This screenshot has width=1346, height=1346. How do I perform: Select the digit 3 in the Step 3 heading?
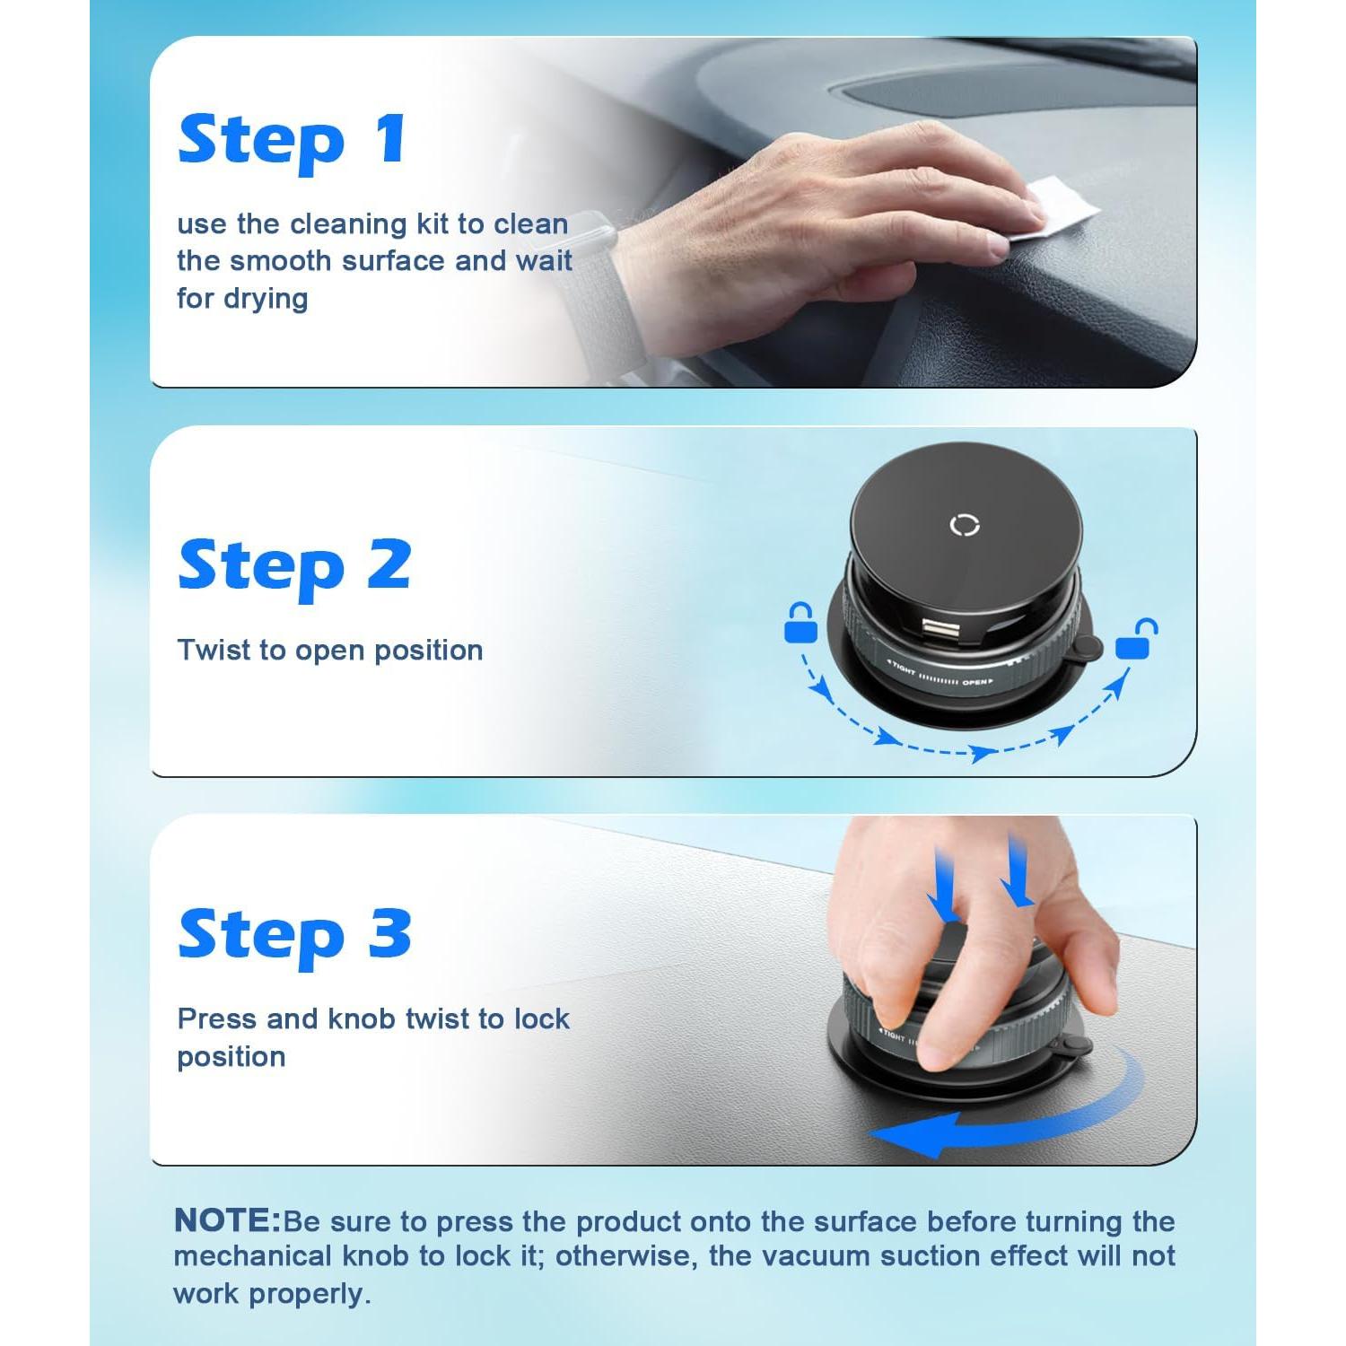click(x=389, y=933)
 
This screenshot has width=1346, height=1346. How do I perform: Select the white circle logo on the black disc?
click(x=965, y=525)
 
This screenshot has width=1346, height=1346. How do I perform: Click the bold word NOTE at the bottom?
click(x=227, y=1220)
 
